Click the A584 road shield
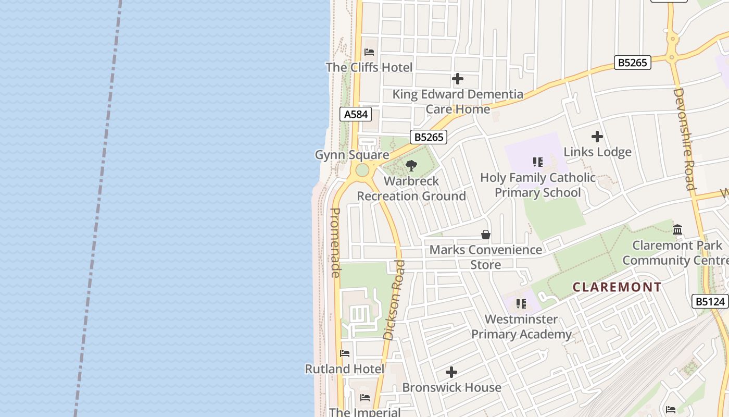pos(356,114)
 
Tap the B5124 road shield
pos(710,301)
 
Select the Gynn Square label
pos(352,155)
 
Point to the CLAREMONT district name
pos(617,287)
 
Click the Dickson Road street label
pos(394,300)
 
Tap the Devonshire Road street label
pos(684,139)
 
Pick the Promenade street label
pos(335,242)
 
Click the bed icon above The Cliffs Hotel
pos(369,52)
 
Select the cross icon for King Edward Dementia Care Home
pos(458,79)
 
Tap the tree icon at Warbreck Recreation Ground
pos(411,166)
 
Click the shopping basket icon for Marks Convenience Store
pos(486,235)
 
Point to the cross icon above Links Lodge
pos(597,137)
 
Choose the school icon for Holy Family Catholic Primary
pos(538,162)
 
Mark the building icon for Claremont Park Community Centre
pos(677,229)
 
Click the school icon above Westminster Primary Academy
pos(521,304)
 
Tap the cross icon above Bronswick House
pos(451,372)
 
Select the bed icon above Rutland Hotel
pos(345,353)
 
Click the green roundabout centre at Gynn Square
pos(362,170)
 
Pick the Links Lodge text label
pos(597,152)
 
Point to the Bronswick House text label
pos(451,387)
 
